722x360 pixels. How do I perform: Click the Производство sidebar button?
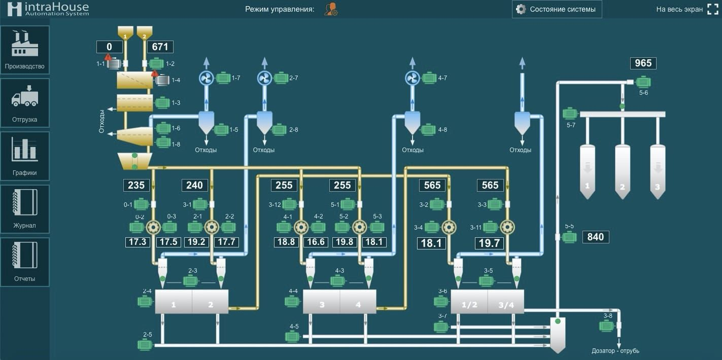coord(25,50)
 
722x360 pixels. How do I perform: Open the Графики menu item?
coord(25,156)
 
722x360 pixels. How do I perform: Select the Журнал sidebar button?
coord(25,209)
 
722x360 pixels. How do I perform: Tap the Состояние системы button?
coord(557,9)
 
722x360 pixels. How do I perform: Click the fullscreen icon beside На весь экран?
coord(713,9)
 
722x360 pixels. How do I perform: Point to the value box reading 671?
coord(160,47)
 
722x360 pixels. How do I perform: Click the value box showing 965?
coord(643,63)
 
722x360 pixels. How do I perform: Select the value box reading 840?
coord(596,237)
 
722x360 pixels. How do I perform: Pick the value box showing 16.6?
coord(316,242)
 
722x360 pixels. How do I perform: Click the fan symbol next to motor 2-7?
coord(265,78)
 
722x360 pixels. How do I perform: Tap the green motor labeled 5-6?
coord(643,83)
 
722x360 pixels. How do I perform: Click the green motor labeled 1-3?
coord(163,103)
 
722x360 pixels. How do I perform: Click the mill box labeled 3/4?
coord(506,301)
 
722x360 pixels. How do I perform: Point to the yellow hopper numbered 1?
coord(125,33)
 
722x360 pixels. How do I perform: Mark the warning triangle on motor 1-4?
coord(155,74)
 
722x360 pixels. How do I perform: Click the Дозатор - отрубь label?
coord(615,351)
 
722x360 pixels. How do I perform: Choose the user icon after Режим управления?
coord(331,9)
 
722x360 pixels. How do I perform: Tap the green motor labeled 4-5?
coord(292,337)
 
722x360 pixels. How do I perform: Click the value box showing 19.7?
coord(489,243)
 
